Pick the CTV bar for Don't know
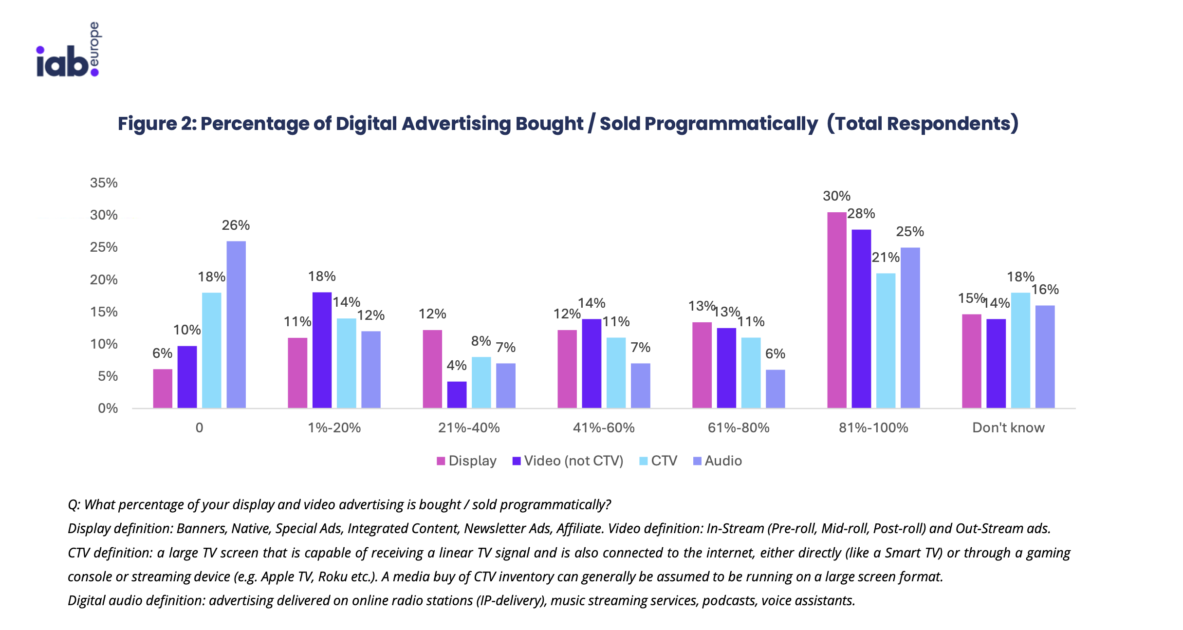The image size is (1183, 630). pos(1020,350)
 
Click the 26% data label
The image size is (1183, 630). pos(236,225)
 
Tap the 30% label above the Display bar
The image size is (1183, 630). pos(836,196)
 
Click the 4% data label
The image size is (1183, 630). pos(457,365)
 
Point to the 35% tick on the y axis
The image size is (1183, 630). pos(104,183)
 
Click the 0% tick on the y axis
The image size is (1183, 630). pos(108,408)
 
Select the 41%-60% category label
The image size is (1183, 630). pos(604,428)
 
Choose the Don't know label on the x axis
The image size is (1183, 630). pos(1008,428)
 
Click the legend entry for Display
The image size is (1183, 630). pos(467,461)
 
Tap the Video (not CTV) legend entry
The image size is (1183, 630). pos(568,461)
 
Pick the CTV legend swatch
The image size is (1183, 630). pos(644,461)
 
